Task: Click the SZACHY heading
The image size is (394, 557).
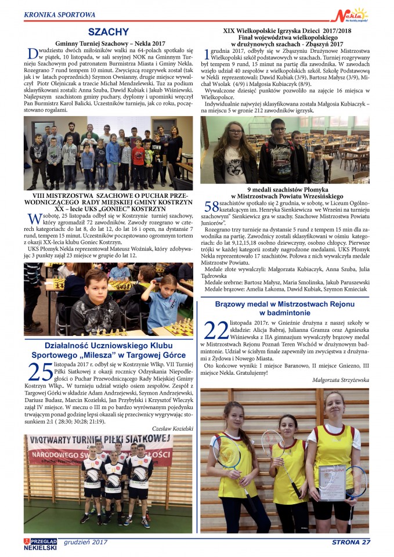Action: (109, 32)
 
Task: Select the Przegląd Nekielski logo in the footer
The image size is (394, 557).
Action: (40, 543)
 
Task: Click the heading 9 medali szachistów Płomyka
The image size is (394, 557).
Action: (284, 190)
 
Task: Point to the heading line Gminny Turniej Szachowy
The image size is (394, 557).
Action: (110, 44)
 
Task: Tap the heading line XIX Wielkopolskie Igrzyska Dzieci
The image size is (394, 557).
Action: (284, 30)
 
